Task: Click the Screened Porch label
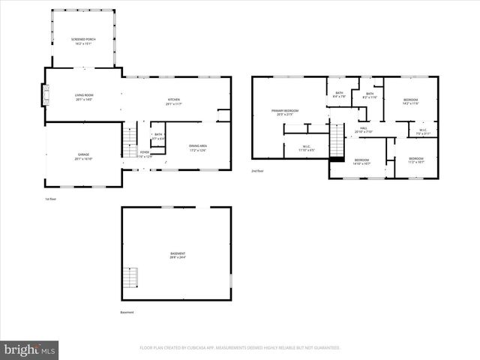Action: pos(82,41)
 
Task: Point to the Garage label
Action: pos(82,157)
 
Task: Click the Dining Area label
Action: pos(198,148)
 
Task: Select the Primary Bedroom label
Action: pos(285,112)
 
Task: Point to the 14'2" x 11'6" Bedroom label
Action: pos(410,102)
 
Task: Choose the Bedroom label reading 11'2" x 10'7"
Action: pos(415,160)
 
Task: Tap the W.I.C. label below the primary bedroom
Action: pos(307,148)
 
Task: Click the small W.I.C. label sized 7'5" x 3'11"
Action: pos(423,132)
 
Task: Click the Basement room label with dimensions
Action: pos(177,256)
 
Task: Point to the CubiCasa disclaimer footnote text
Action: pos(240,348)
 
